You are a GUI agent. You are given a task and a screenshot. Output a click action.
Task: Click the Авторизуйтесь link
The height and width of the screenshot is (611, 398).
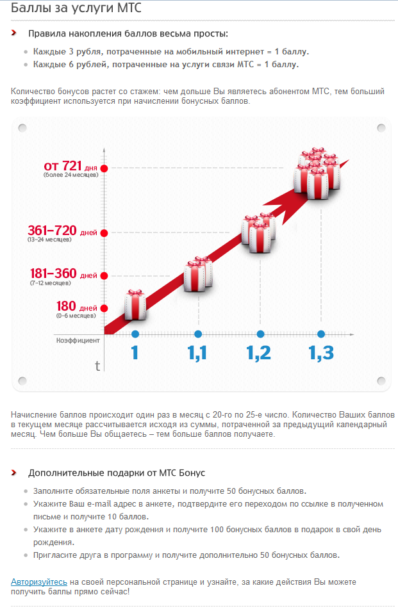pos(39,582)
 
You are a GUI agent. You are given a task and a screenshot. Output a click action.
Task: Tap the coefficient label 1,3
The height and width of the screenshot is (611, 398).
pos(321,352)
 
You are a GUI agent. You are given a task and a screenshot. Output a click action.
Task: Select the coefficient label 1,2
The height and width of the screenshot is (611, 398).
pos(259,352)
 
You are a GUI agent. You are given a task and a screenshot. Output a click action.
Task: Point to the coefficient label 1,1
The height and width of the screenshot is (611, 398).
pos(198,352)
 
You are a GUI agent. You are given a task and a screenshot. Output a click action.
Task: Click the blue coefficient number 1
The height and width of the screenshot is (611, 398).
pos(135,352)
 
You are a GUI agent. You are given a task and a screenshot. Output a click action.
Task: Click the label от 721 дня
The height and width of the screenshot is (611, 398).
pos(70,167)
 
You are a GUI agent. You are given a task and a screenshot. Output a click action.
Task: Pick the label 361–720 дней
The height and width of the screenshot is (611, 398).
pos(62,231)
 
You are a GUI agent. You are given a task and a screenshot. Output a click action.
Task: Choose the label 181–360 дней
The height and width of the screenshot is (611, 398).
pos(63,274)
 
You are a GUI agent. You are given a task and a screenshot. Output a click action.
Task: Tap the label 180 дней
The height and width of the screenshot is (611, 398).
pos(77,307)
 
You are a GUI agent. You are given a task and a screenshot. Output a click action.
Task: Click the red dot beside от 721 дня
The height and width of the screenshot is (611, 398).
pos(104,168)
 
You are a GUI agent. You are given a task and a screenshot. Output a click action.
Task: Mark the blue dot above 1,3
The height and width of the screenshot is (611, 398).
pos(321,334)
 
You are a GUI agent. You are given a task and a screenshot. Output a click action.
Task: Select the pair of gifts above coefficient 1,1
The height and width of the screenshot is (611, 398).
pos(198,274)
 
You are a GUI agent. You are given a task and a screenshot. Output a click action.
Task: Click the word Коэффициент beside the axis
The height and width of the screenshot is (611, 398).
pos(78,340)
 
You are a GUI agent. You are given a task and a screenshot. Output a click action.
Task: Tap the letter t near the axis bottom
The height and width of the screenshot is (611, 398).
pos(97,366)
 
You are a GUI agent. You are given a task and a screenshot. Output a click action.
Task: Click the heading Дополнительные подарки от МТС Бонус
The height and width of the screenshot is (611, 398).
pos(117,473)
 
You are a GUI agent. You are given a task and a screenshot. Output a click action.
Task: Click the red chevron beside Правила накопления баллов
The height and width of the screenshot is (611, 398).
pos(13,33)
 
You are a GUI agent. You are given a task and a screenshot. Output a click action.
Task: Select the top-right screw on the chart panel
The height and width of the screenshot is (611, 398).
pos(381,127)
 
